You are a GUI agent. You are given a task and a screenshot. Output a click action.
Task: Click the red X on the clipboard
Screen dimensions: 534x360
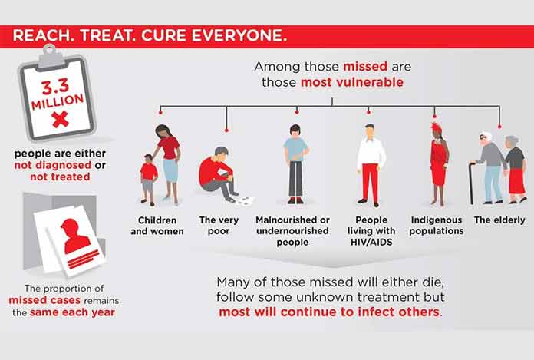[61, 120]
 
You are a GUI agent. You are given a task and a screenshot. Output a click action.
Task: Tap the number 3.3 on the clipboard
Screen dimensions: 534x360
[55, 88]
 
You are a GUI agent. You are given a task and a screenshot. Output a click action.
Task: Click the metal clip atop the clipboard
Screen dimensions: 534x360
[51, 56]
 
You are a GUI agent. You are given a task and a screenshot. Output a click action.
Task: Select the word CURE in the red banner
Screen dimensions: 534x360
[164, 36]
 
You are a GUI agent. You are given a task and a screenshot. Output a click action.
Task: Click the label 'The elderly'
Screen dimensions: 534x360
[499, 220]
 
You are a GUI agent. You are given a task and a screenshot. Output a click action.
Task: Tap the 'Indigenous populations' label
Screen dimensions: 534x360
[437, 226]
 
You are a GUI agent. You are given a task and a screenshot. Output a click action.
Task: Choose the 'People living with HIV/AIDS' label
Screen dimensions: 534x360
[371, 231]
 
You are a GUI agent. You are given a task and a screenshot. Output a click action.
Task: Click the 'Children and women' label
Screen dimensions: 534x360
[157, 226]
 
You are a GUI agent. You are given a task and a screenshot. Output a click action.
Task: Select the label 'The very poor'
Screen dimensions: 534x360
[219, 226]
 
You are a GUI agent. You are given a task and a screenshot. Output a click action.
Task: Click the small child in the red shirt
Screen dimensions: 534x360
[149, 180]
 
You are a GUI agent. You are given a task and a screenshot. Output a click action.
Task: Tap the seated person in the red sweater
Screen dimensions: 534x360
[218, 174]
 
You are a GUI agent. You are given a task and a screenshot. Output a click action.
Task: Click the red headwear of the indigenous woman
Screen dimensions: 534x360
[436, 128]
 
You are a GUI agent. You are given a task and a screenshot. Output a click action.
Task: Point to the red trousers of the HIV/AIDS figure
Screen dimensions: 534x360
[370, 183]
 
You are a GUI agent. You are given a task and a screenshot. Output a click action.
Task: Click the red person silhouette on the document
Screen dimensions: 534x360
[75, 236]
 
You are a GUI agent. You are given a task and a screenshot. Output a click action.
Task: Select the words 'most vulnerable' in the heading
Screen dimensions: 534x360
[352, 82]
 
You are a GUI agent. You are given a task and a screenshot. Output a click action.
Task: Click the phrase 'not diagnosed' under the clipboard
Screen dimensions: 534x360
[53, 166]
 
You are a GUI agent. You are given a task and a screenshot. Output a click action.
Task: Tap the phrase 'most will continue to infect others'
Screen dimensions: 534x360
[329, 312]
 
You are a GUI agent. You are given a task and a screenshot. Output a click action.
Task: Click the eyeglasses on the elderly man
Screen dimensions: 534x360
[483, 137]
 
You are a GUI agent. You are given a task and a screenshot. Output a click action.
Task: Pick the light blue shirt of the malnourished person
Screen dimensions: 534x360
[295, 149]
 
